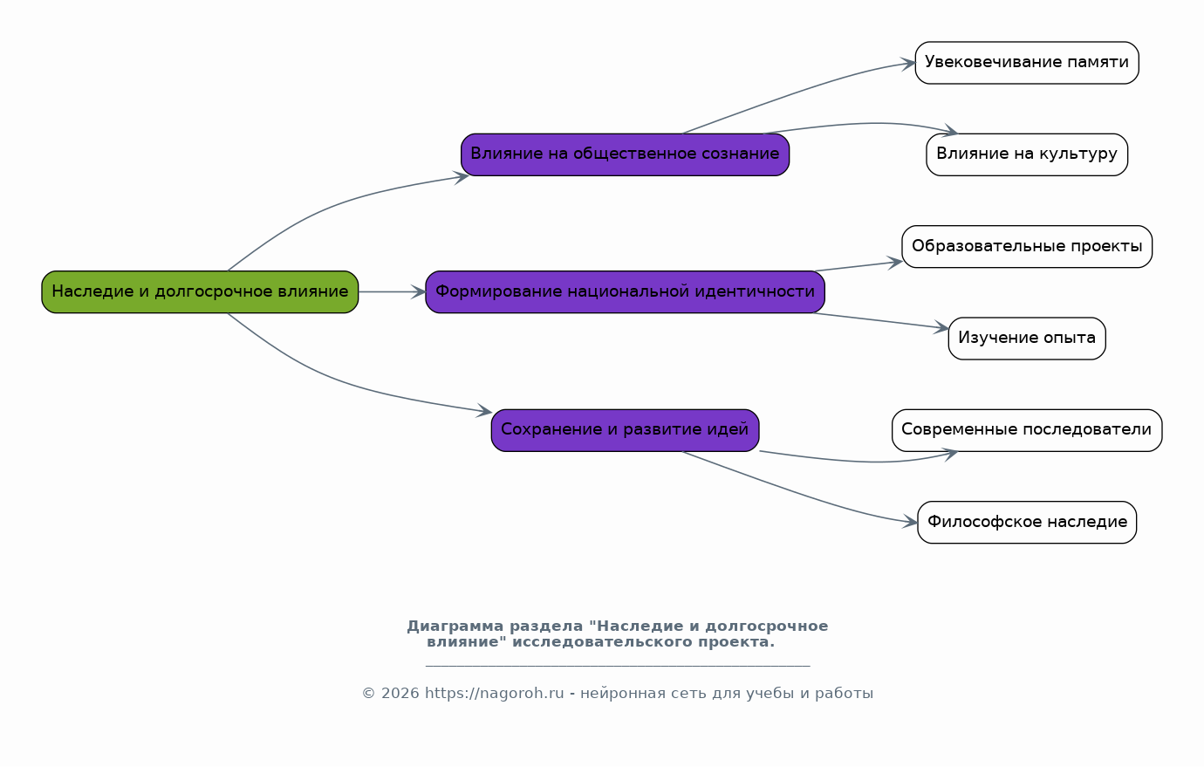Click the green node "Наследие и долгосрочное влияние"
point(200,291)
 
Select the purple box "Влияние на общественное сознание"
point(625,154)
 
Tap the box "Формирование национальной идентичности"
point(625,291)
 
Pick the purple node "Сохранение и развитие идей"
point(625,430)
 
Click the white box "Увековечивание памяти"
point(1027,63)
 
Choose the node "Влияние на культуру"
point(1027,154)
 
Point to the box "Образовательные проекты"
point(1027,247)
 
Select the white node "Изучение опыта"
point(1027,339)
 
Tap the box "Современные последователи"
point(1027,430)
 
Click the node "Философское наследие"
point(1027,523)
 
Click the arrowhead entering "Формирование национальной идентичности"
point(419,291)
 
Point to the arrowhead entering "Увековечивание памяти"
point(908,64)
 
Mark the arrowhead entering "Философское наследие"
point(910,521)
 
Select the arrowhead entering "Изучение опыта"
point(941,327)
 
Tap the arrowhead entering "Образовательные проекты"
point(895,263)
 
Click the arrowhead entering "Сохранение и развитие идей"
point(484,411)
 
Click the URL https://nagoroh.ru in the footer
point(495,694)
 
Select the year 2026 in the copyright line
point(400,694)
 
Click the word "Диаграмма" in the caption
point(455,627)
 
